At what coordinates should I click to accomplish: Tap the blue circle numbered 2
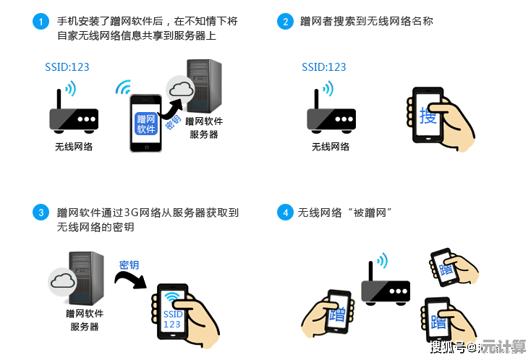[285, 22]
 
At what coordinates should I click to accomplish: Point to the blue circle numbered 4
[285, 213]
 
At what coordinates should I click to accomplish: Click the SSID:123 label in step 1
[67, 67]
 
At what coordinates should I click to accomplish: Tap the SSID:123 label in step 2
[323, 67]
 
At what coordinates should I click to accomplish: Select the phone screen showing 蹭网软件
[145, 124]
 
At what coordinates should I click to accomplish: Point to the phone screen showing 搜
[428, 116]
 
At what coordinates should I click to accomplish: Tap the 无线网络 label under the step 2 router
[330, 147]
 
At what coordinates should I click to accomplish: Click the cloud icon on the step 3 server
[62, 280]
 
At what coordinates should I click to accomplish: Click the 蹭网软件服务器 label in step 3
[85, 320]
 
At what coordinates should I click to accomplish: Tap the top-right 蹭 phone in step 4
[443, 268]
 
